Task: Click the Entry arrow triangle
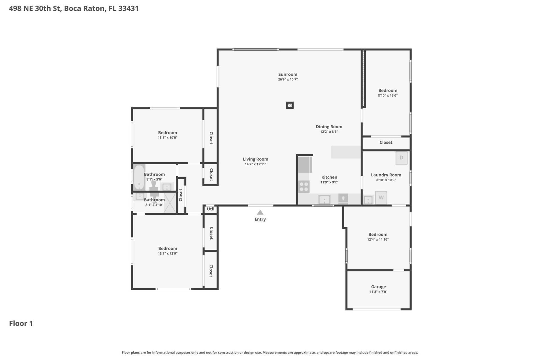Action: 260,213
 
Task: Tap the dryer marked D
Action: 401,158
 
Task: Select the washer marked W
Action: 381,197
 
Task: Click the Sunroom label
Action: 288,74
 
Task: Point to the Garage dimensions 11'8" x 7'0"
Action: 378,292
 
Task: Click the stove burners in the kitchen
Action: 304,187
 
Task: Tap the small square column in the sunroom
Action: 290,105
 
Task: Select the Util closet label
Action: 210,209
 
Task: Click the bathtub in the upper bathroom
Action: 139,177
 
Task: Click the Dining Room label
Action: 329,127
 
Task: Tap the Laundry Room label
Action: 386,175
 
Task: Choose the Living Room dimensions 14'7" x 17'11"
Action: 255,164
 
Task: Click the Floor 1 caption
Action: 21,323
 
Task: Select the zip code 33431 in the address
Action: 129,8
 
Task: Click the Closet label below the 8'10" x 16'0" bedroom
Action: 386,142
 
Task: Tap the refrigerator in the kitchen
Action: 305,165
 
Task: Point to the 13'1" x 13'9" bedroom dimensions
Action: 168,253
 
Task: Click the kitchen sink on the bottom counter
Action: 324,200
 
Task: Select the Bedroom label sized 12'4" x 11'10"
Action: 378,234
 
